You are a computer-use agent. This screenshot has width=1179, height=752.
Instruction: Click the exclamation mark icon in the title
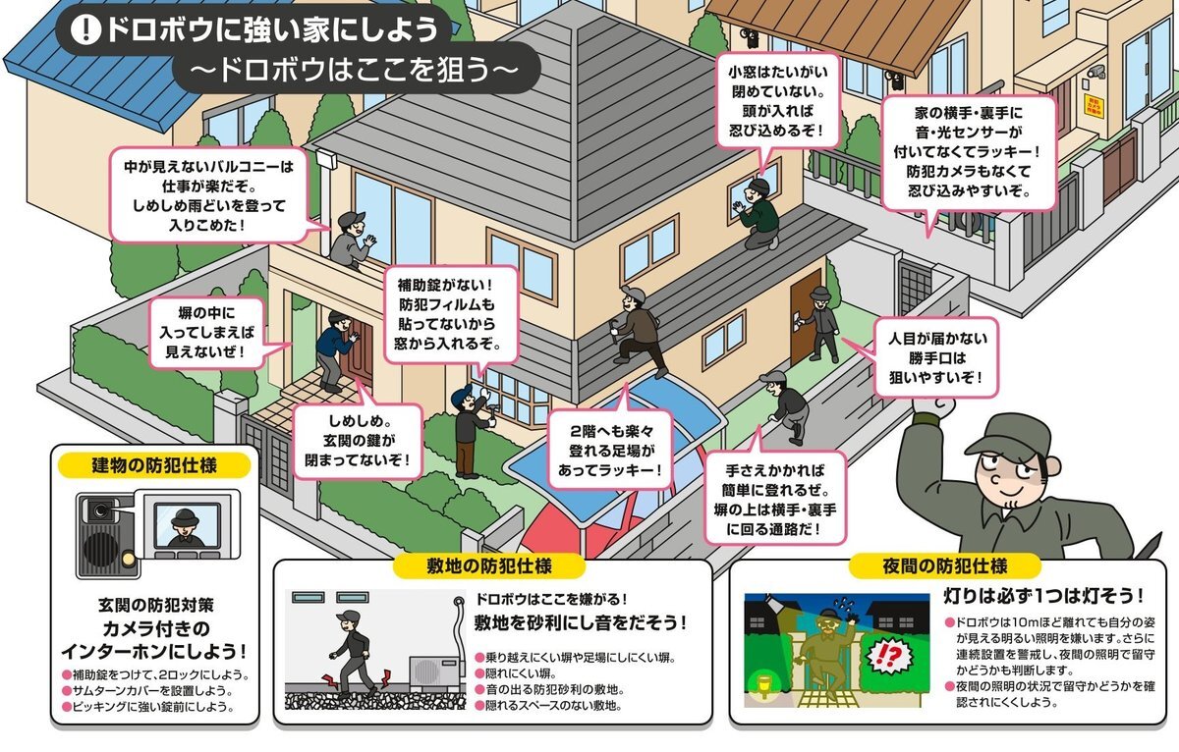coord(84,30)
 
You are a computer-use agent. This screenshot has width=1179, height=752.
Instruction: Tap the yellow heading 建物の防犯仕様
coord(153,465)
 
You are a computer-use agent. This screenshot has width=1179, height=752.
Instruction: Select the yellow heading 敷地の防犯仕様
coord(489,565)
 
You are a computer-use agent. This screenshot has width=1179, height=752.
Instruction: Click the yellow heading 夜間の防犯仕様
coord(945,565)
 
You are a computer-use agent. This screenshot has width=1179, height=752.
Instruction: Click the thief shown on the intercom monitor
coord(185,528)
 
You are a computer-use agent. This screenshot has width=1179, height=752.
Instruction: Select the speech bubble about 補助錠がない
coord(451,314)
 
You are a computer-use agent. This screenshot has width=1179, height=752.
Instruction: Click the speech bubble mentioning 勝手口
coord(936,357)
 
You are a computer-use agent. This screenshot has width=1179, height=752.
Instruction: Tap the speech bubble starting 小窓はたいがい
coord(777,100)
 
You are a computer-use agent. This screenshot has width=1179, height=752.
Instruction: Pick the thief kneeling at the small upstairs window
coord(758,214)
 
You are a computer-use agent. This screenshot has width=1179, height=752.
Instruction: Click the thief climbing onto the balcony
coord(351,241)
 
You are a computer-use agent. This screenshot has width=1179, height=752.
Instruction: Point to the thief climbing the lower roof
coord(638,332)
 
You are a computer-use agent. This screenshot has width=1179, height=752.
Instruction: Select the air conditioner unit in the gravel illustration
coord(436,671)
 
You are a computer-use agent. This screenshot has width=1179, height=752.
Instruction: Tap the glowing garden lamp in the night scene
coord(762,686)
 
